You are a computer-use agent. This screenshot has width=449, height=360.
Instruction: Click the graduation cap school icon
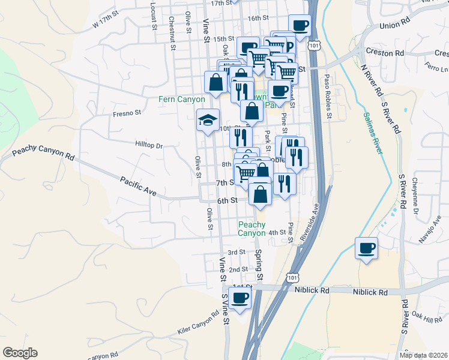tap(208, 120)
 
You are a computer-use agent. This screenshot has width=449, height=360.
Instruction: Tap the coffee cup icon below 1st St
tap(240, 298)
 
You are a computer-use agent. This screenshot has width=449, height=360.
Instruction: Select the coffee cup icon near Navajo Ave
tap(366, 248)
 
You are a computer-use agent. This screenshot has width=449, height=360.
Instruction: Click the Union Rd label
tap(394, 26)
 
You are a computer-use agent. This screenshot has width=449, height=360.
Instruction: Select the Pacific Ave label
tap(138, 187)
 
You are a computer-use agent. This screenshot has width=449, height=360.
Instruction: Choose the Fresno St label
tap(127, 112)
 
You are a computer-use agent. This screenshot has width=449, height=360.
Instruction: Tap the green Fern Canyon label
tap(182, 99)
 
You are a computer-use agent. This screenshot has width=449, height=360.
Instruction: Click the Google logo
tap(20, 353)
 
